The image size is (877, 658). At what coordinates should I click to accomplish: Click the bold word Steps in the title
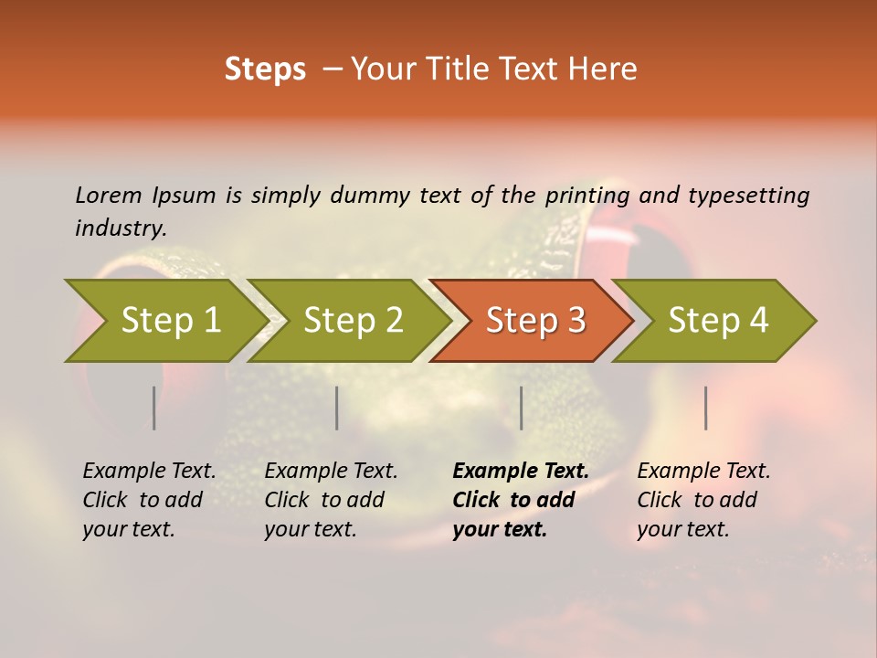265,69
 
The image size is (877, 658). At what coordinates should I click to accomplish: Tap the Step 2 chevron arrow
352,321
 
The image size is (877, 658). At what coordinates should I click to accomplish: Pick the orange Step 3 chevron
534,321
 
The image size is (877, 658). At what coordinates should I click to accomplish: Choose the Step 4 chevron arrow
717,321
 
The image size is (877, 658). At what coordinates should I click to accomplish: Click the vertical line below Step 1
154,408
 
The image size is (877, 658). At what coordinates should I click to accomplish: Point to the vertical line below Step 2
337,408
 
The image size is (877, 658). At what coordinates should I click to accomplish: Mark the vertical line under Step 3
522,408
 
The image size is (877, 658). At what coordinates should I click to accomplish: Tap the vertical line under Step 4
706,408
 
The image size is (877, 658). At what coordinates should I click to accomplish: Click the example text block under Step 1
149,500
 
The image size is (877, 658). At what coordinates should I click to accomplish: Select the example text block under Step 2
331,500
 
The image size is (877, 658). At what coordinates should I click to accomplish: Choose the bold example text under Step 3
521,500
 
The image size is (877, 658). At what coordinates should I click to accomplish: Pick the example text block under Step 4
703,500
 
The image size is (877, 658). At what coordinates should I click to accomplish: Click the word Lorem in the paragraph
108,196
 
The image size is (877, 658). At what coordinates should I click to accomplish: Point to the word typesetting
748,196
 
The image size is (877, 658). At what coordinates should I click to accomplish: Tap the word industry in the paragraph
119,228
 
